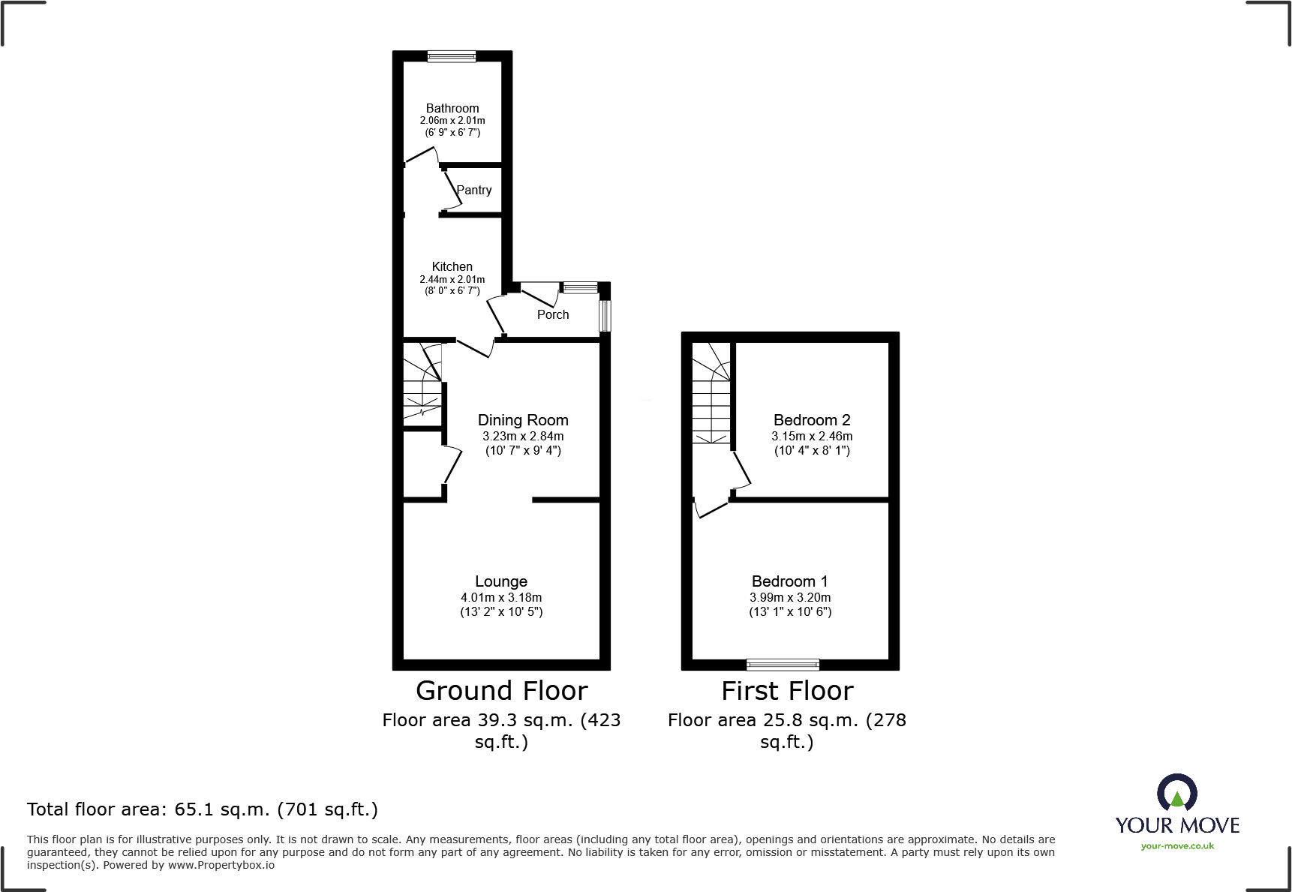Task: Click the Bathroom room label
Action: [x=452, y=108]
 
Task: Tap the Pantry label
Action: [x=474, y=190]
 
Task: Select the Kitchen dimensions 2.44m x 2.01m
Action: [x=452, y=279]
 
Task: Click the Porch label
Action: [x=553, y=314]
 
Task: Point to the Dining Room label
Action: [x=523, y=420]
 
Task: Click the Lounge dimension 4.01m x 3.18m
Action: [x=500, y=597]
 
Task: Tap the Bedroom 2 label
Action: [x=812, y=420]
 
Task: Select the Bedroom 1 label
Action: [x=789, y=581]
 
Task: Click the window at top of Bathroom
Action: [x=451, y=56]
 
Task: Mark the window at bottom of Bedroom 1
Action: [x=783, y=664]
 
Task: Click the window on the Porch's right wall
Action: [x=605, y=316]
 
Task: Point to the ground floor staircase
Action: [x=422, y=383]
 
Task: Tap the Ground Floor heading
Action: [x=501, y=690]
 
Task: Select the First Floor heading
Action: [x=787, y=690]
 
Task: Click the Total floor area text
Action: [x=202, y=809]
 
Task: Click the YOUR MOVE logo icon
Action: [x=1176, y=794]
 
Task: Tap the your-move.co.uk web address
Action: [x=1176, y=846]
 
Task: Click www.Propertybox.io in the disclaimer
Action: [x=221, y=865]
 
